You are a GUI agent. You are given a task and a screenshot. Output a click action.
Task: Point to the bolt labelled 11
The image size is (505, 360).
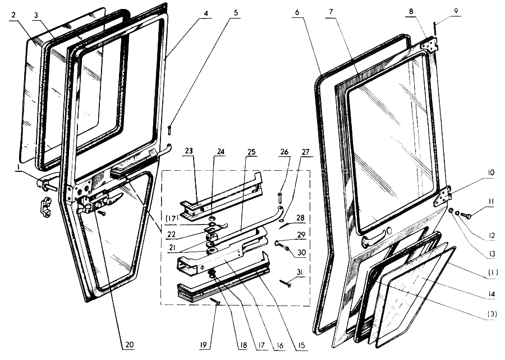pyautogui.click(x=465, y=214)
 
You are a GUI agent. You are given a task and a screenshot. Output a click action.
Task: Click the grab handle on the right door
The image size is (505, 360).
pyautogui.click(x=373, y=241)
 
